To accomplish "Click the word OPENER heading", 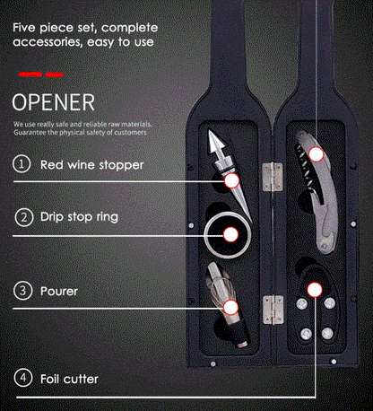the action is tap(54, 102).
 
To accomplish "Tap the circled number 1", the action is tap(22, 164).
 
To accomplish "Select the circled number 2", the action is tap(24, 217).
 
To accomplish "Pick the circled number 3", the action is tap(22, 291).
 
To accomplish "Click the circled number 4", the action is tap(23, 378).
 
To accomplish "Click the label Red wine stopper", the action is tap(92, 165).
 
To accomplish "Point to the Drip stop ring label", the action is tap(79, 217).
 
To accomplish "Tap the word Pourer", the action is tap(59, 291).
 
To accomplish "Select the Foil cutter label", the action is tap(69, 379).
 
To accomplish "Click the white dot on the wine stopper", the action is tap(232, 180).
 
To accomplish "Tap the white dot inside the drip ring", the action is tap(230, 234).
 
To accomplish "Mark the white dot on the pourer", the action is tap(230, 307).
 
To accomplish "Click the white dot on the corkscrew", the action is tap(316, 154).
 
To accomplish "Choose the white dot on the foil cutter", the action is tap(315, 290).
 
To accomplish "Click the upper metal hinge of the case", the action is tap(273, 177).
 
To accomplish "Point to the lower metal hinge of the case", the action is tap(273, 310).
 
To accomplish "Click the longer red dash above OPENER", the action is tap(30, 74).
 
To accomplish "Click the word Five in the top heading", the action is tap(24, 28).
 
